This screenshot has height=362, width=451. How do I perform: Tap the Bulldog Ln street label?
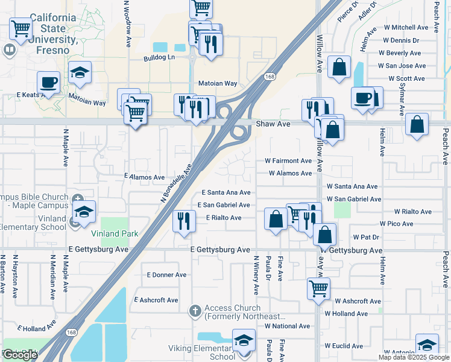tap(159, 58)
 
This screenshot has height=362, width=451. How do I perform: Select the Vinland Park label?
tap(115, 233)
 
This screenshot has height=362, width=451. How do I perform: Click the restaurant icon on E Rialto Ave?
tap(183, 220)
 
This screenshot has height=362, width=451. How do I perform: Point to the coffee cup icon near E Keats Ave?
tap(48, 82)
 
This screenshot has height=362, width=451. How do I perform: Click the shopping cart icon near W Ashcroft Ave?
tap(318, 287)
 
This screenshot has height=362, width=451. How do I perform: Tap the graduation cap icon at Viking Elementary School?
tap(244, 340)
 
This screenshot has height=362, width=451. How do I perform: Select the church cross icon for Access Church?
tap(195, 311)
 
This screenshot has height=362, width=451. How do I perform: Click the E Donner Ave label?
tap(166, 275)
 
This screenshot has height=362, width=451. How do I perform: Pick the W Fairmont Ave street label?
tap(288, 160)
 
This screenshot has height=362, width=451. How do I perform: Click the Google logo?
tap(20, 355)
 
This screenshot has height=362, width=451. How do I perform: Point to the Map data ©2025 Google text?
tap(413, 357)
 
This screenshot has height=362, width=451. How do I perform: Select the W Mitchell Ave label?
tap(403, 27)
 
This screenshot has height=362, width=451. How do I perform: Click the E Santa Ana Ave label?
tap(225, 192)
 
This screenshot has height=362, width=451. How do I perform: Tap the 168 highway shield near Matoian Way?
tap(270, 77)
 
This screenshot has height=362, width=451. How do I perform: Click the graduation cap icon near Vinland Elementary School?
tap(84, 211)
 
